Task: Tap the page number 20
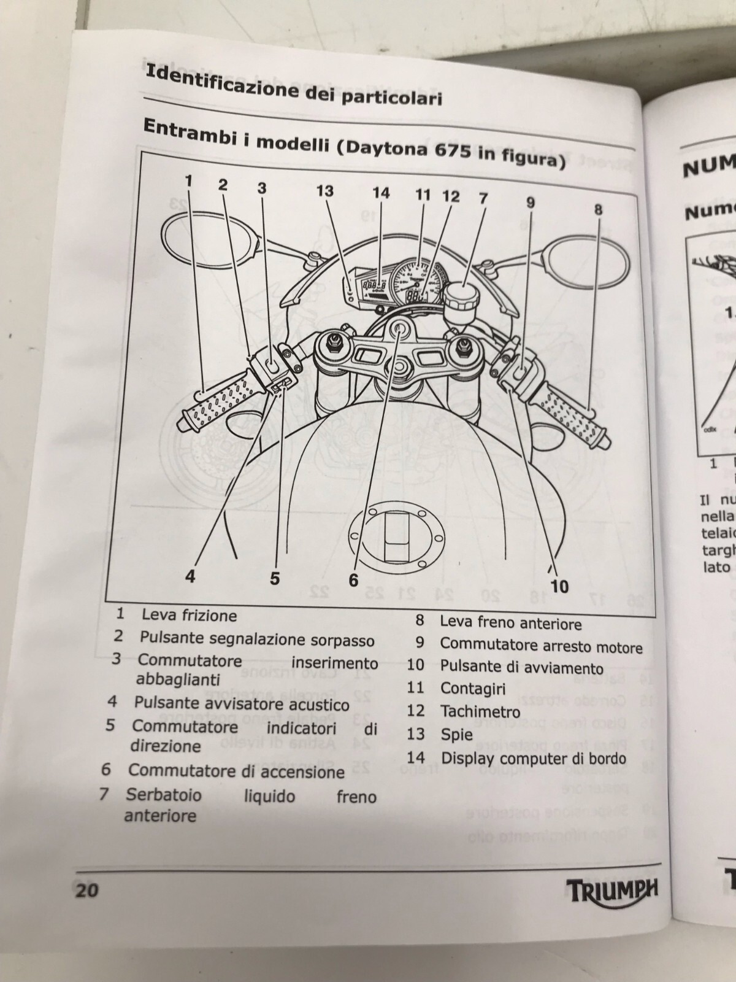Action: (x=86, y=889)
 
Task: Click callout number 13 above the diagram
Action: (x=324, y=191)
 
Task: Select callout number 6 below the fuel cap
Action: (x=353, y=579)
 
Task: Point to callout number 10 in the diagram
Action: (x=559, y=586)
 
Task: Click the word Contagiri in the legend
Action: (x=473, y=689)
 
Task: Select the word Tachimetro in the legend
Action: (x=480, y=711)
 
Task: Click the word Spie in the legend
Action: (x=456, y=734)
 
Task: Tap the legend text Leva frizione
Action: (x=189, y=615)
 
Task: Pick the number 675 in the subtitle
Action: (x=449, y=154)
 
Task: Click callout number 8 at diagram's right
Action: (x=598, y=209)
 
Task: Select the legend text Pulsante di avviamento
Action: (x=521, y=667)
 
